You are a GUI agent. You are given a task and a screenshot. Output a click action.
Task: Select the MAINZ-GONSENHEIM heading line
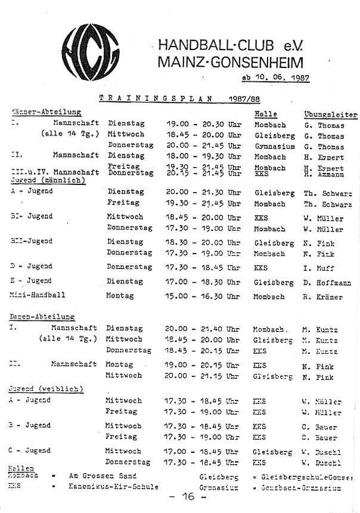pos(230,61)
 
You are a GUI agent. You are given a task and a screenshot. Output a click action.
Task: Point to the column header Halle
pos(265,113)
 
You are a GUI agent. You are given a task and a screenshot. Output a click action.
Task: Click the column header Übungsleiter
pos(330,114)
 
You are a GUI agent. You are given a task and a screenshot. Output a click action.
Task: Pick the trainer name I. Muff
pos(318,268)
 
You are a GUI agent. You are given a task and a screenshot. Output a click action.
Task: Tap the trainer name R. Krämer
pos(322,296)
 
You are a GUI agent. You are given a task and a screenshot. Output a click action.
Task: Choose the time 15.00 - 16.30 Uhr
pos(203,296)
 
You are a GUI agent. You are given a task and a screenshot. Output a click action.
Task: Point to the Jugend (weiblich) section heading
pos(46,389)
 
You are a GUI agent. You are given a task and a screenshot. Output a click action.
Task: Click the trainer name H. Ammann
pos(323,174)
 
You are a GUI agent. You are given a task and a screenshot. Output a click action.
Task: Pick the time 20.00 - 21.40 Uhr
pos(203,329)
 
